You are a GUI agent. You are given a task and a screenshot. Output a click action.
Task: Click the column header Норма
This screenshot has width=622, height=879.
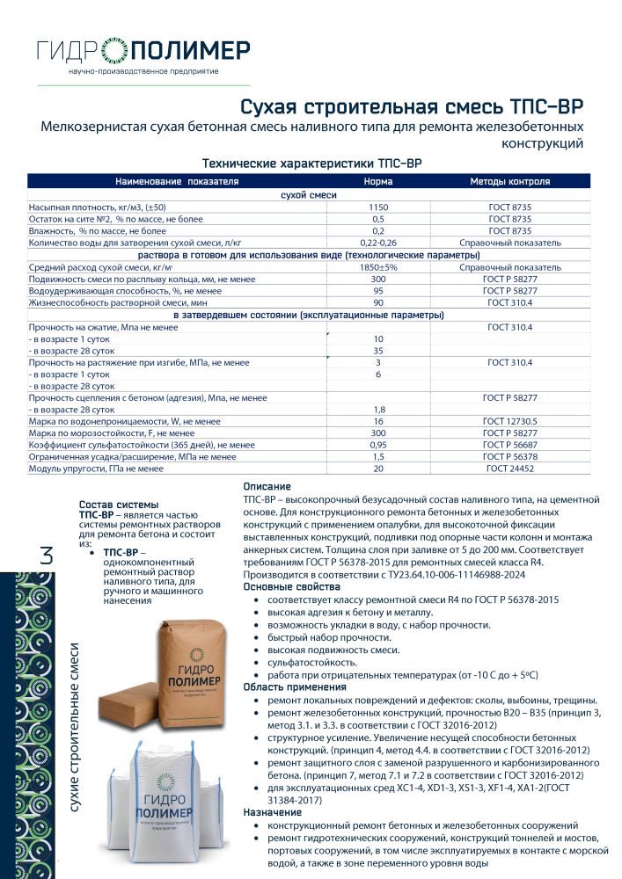coord(378,182)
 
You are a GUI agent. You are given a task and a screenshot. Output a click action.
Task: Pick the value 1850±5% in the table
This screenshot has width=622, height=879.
coord(378,266)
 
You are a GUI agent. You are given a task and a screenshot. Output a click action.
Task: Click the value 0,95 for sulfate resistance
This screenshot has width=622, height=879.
coord(378,446)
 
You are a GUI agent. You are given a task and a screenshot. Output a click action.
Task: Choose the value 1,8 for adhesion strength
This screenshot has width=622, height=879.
coord(378,410)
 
